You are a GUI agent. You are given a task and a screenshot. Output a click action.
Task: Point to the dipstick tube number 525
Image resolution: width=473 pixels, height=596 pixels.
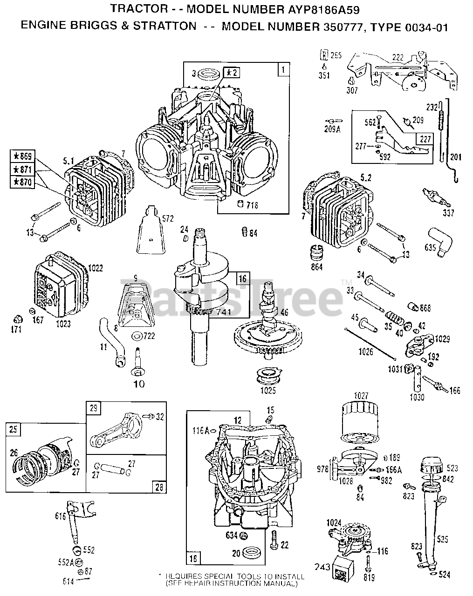pos(442,539)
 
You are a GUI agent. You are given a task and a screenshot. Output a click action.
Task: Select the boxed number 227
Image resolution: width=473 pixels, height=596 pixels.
pos(424,138)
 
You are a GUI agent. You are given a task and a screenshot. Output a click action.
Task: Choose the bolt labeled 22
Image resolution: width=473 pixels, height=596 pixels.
pos(274,540)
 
